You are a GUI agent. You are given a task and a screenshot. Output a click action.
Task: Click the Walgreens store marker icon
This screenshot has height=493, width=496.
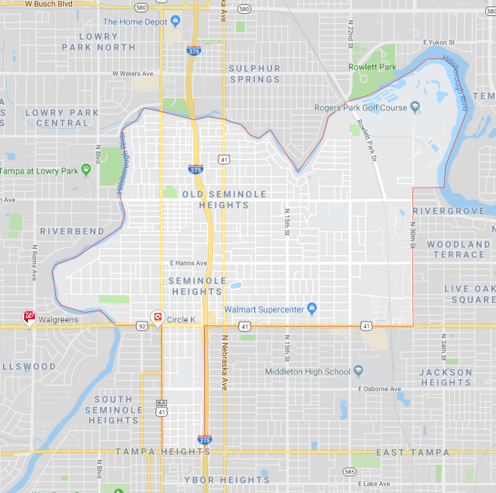pos(30,317)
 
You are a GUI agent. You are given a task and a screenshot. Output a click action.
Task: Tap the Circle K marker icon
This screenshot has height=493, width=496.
pos(157,317)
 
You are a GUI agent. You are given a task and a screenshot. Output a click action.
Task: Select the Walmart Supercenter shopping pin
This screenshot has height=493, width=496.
pos(312,308)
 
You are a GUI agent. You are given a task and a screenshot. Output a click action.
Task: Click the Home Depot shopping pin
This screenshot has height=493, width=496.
pos(174,20)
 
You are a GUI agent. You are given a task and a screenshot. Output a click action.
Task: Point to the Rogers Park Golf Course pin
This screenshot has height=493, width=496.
pos(415,108)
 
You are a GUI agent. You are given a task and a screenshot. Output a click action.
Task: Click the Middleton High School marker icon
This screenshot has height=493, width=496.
pos(358,372)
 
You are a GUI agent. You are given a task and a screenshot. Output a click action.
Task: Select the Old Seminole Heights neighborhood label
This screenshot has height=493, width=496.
pos(225,199)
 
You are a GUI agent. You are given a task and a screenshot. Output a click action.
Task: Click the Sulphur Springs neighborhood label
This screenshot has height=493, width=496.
pos(254,73)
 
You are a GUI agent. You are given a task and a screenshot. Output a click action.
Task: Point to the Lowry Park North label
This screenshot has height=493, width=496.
pos(98,41)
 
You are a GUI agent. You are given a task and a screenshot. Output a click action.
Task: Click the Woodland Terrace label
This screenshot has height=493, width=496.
pos(458,249)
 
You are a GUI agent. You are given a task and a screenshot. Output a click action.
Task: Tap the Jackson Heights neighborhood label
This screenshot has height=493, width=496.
pos(446,377)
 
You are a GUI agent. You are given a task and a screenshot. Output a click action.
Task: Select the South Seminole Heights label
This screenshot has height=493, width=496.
pos(113,409)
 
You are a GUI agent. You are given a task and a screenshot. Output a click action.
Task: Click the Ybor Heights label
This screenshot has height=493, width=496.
pos(227,480)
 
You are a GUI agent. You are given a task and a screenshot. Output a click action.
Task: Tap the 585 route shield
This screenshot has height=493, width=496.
pos(350,472)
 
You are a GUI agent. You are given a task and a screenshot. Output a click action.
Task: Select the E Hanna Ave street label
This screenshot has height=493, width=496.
pos(188,263)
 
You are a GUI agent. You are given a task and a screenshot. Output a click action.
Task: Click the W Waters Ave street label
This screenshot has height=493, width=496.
pos(133,73)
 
